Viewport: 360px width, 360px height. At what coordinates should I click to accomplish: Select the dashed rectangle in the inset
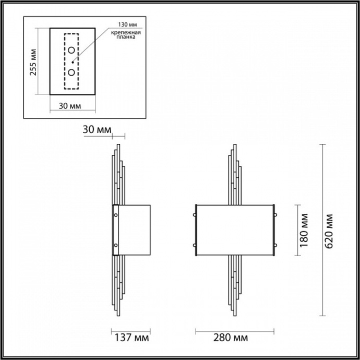(x=71, y=62)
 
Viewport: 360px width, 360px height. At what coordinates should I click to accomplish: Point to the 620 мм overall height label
(x=328, y=230)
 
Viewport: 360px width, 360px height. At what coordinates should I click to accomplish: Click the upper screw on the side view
(x=116, y=214)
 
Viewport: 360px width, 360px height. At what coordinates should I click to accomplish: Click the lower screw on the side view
(x=116, y=245)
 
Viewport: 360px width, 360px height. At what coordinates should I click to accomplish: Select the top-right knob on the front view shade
(x=278, y=214)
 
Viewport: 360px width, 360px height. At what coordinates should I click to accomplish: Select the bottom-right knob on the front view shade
(x=278, y=245)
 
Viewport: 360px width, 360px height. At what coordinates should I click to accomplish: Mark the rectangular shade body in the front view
(x=235, y=230)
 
